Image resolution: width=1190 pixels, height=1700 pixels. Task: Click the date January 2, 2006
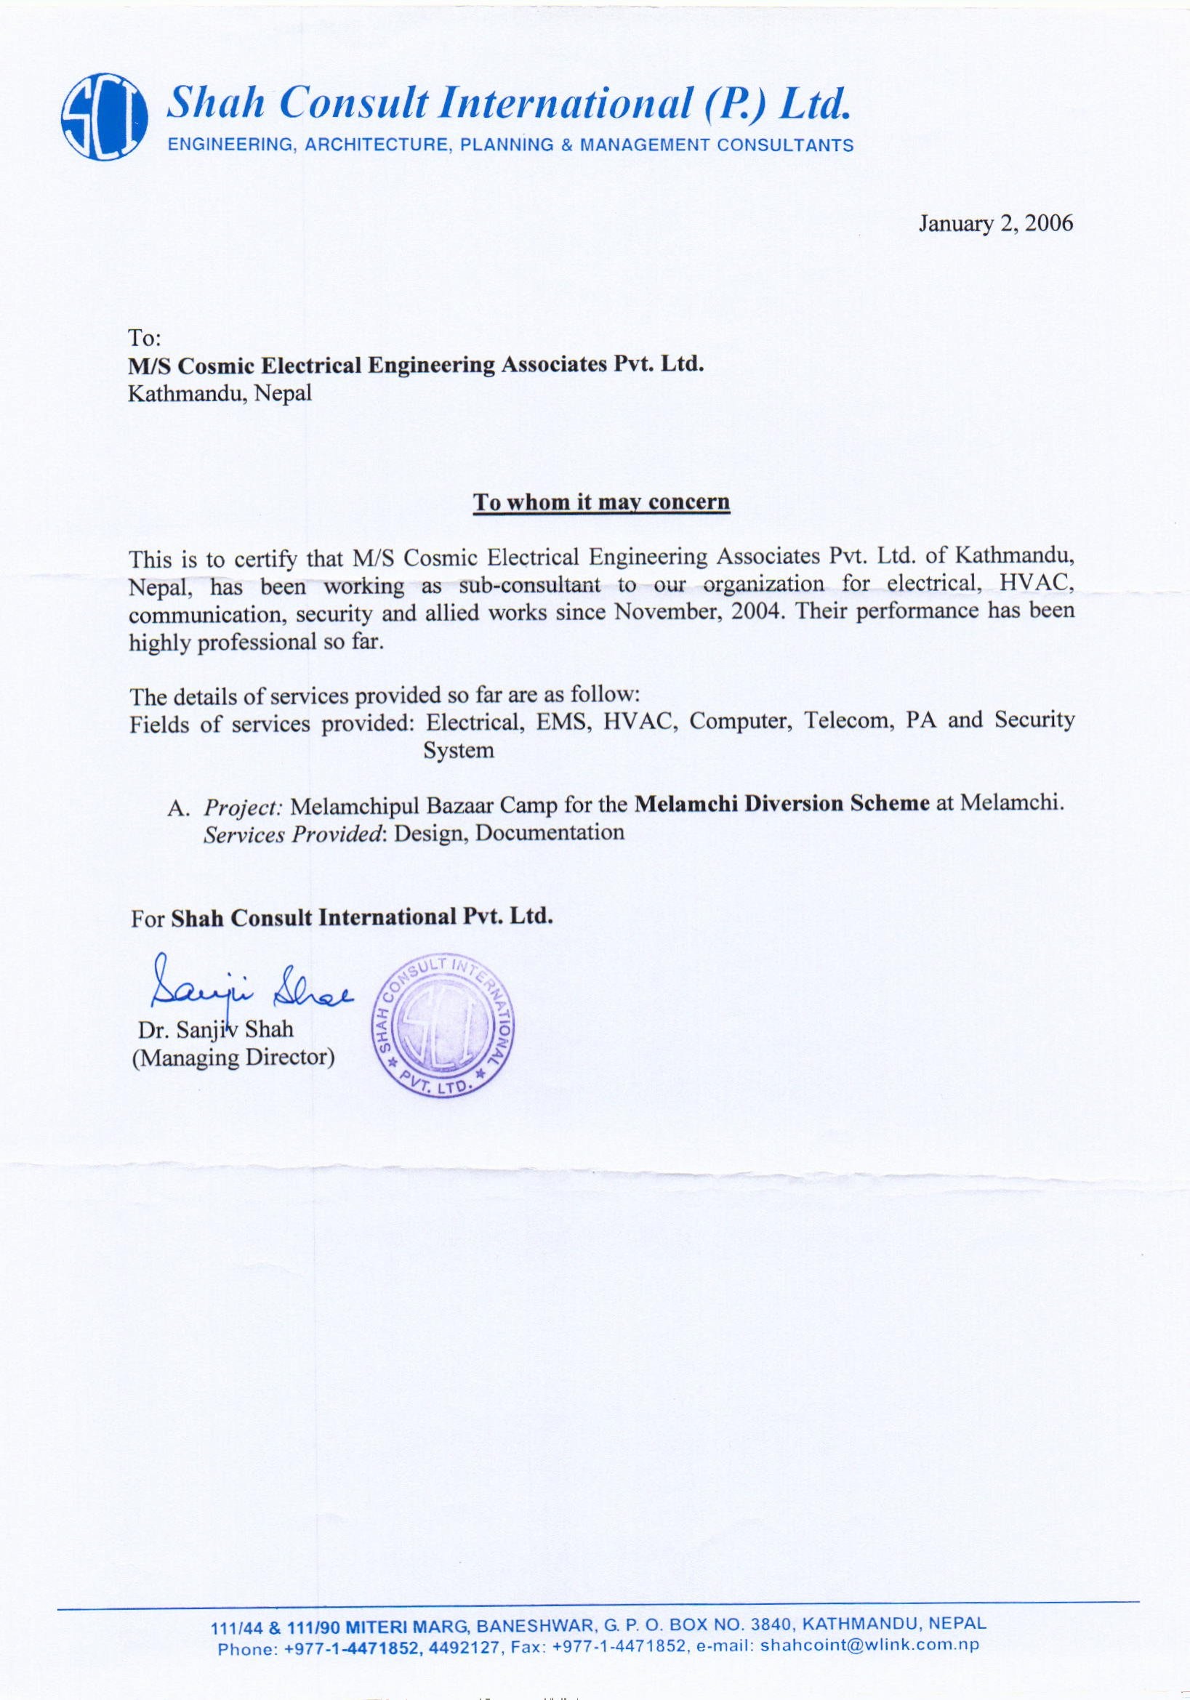(995, 224)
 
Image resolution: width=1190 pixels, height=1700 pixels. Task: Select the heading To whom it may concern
(601, 503)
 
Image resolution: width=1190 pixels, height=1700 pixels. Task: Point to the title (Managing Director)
(233, 1058)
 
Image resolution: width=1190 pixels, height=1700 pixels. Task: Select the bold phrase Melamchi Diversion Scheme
(782, 805)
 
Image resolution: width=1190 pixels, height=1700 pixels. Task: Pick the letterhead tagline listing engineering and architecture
(511, 146)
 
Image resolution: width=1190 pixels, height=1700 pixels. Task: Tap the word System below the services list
(458, 750)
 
